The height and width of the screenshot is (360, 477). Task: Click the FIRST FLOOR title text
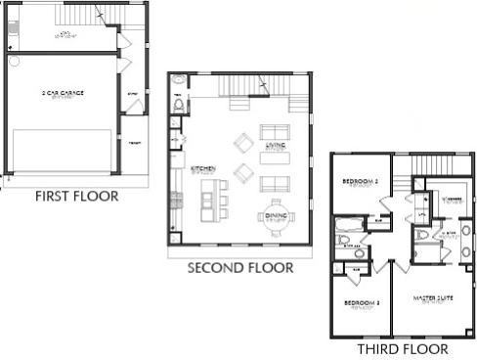tap(76, 197)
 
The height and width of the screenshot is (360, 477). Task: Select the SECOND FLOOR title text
tap(239, 265)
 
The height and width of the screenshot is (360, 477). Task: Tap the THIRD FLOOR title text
tap(402, 348)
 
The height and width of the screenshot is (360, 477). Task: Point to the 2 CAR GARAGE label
tap(63, 93)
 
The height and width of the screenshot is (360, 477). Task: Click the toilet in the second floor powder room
tap(179, 104)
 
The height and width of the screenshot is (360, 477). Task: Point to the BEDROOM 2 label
tap(360, 184)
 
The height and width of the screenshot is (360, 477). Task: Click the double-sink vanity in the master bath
tap(466, 241)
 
